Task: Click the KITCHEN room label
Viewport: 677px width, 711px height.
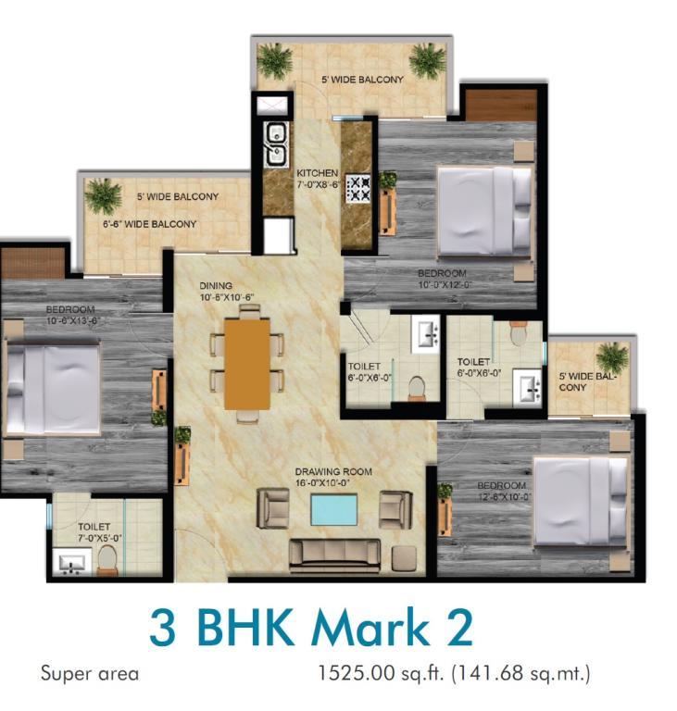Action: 317,173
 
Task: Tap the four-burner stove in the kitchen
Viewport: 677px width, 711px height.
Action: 358,189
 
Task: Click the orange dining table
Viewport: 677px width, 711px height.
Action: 247,364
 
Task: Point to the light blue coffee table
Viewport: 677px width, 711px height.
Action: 333,510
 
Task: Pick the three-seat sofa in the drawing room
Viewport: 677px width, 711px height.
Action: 335,555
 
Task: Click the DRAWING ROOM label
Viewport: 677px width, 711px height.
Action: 333,471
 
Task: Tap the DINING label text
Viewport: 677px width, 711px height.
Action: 216,286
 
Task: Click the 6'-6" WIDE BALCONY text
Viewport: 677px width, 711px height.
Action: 149,224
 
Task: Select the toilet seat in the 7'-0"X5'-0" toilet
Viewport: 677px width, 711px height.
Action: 107,560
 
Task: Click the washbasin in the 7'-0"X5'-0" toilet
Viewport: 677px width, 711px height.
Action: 71,563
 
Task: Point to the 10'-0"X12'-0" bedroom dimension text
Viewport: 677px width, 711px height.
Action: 445,285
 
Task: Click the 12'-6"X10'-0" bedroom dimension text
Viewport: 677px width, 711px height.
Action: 504,496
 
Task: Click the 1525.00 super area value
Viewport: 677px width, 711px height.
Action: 357,672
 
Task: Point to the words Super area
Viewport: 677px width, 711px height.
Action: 90,674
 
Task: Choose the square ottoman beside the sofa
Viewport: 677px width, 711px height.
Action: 404,557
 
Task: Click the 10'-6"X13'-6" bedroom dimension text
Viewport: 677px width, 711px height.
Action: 72,321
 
